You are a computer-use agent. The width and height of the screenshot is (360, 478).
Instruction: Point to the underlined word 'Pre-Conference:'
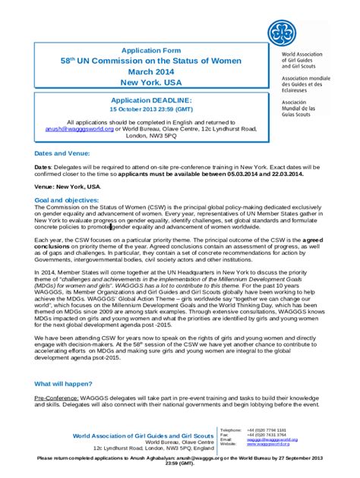pyautogui.click(x=58, y=397)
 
